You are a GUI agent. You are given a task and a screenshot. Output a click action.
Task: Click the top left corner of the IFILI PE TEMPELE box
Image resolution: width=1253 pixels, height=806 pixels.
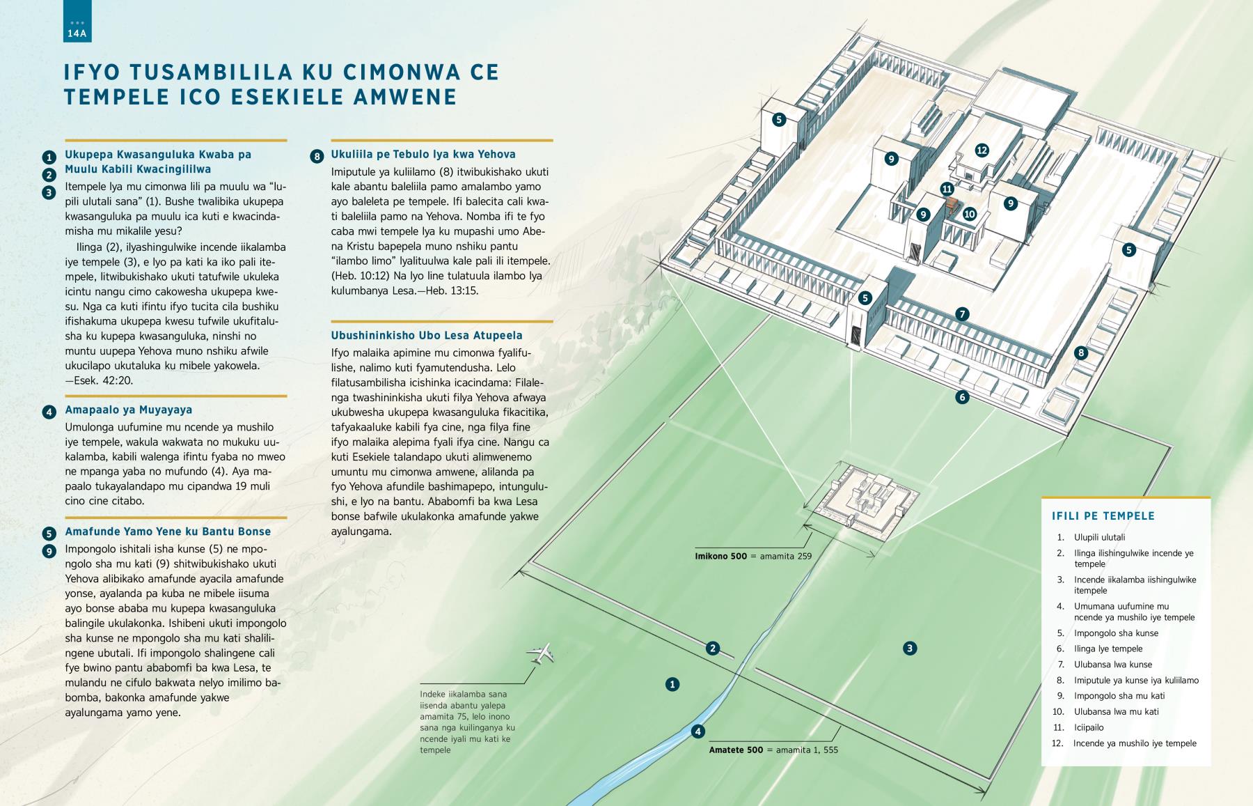(x=1041, y=497)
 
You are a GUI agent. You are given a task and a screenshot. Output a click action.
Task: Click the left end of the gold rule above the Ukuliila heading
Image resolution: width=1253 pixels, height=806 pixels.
(x=331, y=140)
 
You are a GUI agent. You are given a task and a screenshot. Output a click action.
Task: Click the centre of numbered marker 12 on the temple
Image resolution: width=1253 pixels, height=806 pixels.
(x=982, y=150)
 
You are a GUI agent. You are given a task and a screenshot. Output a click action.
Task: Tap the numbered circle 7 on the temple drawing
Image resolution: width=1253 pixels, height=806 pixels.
(x=962, y=314)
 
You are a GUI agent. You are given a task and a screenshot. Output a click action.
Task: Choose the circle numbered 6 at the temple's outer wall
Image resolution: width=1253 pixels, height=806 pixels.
(x=962, y=398)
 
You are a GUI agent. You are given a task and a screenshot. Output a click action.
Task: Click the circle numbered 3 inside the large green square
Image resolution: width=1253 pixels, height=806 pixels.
(x=909, y=649)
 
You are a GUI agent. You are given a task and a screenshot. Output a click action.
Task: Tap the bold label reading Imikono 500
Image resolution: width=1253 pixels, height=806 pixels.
(x=720, y=557)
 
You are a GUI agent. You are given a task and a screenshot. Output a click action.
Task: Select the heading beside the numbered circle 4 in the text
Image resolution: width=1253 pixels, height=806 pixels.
(x=129, y=410)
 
